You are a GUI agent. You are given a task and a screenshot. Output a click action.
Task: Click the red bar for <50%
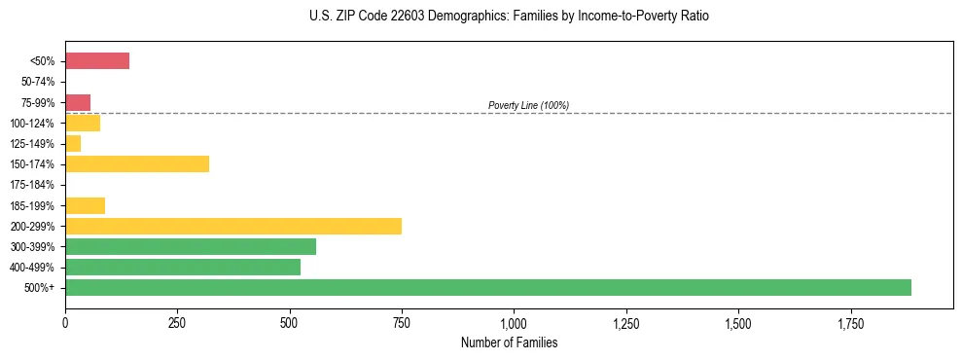(97, 61)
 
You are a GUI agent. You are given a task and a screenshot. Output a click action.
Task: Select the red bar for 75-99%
(78, 102)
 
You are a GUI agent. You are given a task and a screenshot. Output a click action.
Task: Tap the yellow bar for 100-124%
(83, 124)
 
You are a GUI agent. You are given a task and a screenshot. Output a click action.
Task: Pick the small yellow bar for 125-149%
(73, 144)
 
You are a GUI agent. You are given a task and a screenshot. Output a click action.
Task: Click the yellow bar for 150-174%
(137, 164)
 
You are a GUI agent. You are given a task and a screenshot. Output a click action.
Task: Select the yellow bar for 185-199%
(85, 205)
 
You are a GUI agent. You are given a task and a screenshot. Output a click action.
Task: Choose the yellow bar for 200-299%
(233, 226)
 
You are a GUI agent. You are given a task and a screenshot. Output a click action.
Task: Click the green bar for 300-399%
(191, 246)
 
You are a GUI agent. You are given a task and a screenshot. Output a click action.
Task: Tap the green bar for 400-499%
(183, 267)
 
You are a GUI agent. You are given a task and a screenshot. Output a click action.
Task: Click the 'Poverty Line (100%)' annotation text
(528, 105)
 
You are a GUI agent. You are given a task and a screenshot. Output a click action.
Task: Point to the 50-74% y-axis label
(38, 82)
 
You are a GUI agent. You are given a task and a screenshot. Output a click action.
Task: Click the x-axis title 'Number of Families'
(509, 342)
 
